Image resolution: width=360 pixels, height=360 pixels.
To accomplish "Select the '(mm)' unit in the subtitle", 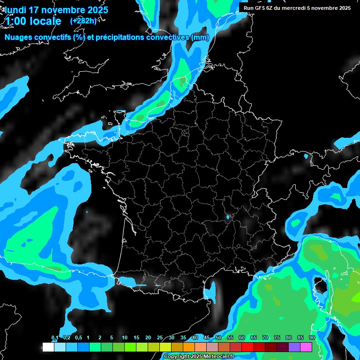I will point(199,37).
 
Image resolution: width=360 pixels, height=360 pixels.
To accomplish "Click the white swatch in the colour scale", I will point(48,347).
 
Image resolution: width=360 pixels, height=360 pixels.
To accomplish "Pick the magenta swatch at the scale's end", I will point(306,347).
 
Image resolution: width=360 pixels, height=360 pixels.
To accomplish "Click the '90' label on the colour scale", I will point(312,338).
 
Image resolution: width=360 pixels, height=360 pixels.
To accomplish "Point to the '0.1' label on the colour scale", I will point(54,338).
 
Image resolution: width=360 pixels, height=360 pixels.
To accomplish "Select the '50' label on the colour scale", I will point(218,338).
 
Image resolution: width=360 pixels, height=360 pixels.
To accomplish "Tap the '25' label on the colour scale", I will point(160,338).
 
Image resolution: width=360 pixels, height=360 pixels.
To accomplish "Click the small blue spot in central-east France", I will point(228,217).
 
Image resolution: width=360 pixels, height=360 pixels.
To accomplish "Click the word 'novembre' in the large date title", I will point(66,10).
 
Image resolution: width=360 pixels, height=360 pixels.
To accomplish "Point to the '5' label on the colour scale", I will point(112,338).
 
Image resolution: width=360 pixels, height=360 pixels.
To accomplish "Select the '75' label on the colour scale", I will point(277,338).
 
